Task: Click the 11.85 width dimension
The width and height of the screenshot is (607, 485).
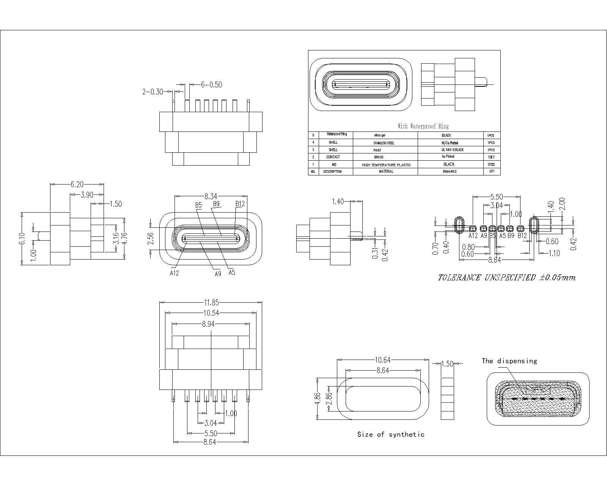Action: pos(211,302)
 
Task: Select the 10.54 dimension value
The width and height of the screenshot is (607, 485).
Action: pos(211,313)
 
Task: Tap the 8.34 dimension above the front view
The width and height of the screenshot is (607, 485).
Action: pos(211,196)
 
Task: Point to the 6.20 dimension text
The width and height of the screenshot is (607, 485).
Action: pos(77,185)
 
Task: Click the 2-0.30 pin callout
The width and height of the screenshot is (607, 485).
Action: pos(153,92)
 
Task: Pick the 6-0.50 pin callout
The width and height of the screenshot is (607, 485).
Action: pos(212,84)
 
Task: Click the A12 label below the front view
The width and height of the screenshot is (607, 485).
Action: pos(174,273)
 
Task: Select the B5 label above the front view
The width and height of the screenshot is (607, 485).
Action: pos(198,205)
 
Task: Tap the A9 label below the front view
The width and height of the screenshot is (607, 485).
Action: pos(218,274)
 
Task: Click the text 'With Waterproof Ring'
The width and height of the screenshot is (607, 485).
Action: pos(423,126)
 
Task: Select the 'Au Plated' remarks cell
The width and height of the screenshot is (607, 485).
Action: pos(448,156)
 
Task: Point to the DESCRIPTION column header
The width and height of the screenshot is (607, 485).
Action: pos(332,172)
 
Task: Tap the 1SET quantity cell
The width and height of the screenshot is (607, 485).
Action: pos(491,157)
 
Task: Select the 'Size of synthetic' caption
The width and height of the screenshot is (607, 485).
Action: pos(391,435)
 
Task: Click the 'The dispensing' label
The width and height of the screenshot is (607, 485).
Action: pos(510,361)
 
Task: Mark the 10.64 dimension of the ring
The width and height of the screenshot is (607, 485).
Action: pos(382,360)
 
